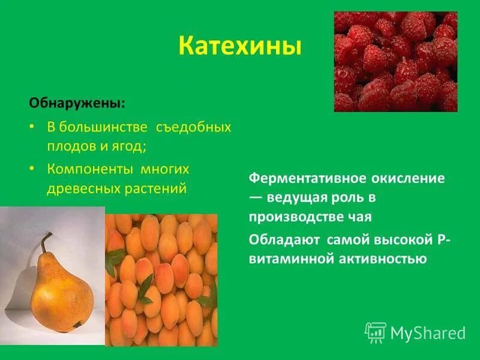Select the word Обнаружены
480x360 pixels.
click(x=76, y=103)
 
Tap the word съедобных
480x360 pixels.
click(x=193, y=128)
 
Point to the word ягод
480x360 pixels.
click(x=130, y=146)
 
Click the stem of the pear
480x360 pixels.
click(x=46, y=242)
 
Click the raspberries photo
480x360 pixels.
click(x=395, y=62)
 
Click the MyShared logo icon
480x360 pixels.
click(x=375, y=332)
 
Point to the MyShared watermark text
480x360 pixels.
click(x=428, y=332)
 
